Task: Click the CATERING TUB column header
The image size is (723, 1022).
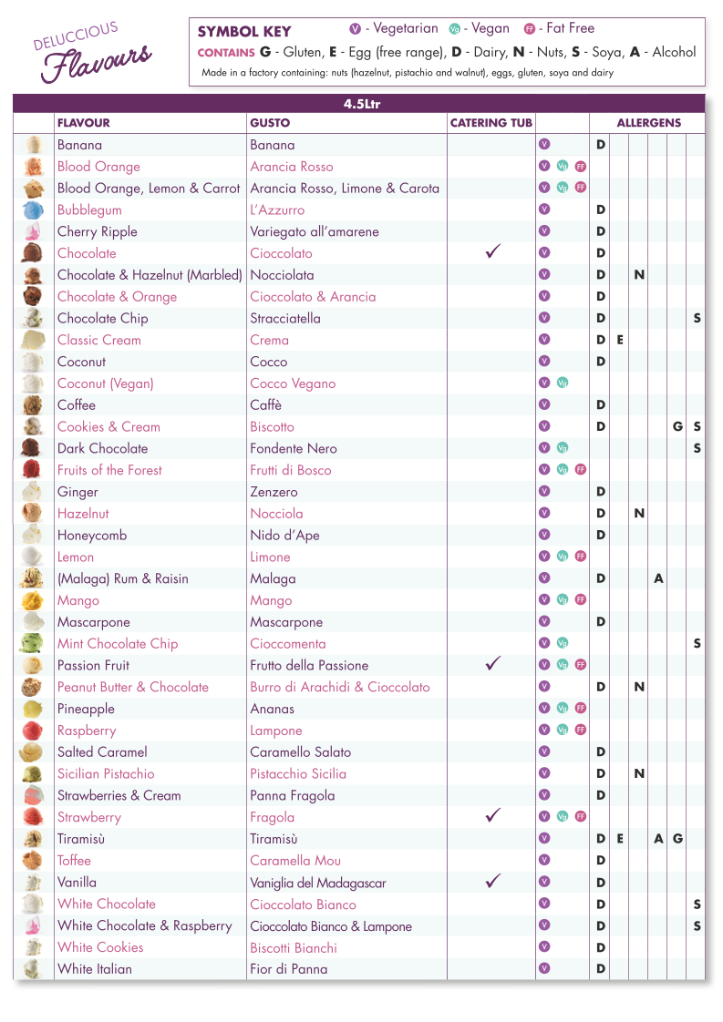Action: [491, 123]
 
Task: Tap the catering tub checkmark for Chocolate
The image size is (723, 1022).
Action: [493, 252]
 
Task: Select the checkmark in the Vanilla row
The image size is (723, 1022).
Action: [493, 881]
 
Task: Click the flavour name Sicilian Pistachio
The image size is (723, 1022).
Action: [106, 773]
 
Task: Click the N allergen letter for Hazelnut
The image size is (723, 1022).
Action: [639, 514]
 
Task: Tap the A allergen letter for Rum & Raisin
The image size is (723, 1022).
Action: [658, 578]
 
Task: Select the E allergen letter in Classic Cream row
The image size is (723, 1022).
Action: [620, 340]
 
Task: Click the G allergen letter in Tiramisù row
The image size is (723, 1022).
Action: [677, 839]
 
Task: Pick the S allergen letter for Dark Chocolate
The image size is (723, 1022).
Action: [697, 448]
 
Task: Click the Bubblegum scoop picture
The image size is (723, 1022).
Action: [33, 210]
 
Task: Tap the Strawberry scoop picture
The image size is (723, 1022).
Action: [33, 817]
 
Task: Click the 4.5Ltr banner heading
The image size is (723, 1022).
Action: [361, 104]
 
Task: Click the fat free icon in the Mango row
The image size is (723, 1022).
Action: [581, 600]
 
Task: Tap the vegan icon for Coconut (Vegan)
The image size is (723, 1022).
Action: [563, 383]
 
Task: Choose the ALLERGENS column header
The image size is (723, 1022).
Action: [648, 123]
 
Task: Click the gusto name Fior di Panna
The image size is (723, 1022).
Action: [288, 969]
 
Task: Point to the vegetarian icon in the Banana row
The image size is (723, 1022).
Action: [544, 144]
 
